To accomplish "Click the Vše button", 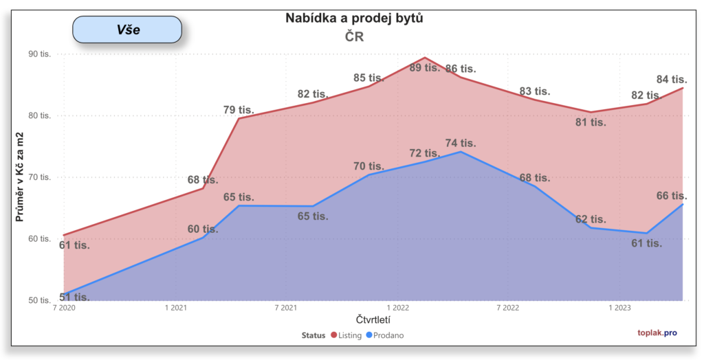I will [127, 30].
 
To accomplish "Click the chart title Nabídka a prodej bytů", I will [354, 19].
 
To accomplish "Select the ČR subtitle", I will [354, 37].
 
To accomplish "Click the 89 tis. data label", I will [424, 67].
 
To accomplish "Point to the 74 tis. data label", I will [460, 143].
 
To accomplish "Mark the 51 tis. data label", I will [74, 297].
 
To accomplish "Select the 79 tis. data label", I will [239, 109].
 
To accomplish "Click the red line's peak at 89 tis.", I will [425, 58].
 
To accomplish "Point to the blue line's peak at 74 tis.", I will [460, 151].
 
